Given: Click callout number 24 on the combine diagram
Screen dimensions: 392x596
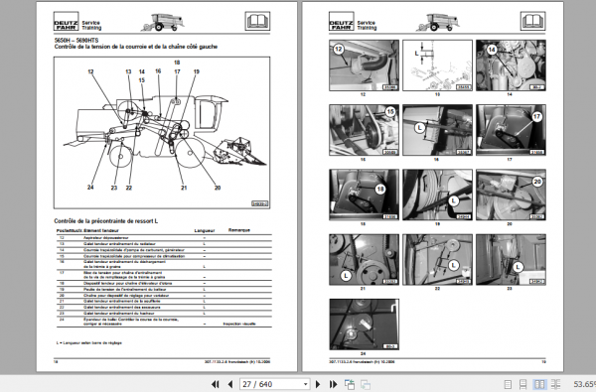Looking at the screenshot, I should click(x=90, y=188).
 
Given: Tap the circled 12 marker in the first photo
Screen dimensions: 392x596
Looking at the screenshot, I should click(x=338, y=49).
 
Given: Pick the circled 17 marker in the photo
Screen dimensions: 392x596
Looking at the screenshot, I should click(x=536, y=115).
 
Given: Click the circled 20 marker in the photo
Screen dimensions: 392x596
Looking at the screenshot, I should click(x=537, y=182).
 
